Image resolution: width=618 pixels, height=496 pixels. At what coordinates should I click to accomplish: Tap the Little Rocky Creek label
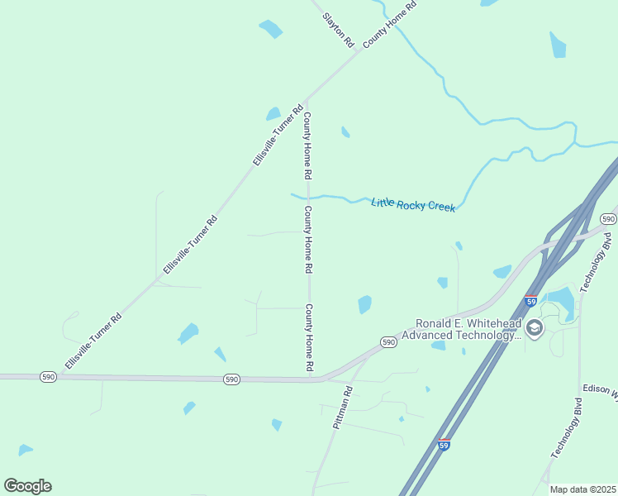coord(413,204)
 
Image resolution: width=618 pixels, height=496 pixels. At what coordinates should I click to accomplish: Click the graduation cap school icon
coord(534,328)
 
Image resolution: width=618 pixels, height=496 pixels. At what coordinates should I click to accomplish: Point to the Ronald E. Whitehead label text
coord(468,323)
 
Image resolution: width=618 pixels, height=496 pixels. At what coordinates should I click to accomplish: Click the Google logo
coord(27,486)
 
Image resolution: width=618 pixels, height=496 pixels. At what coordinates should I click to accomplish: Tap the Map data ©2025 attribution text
coord(583,489)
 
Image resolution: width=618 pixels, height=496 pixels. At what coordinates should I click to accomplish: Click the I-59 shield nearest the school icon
coord(530,301)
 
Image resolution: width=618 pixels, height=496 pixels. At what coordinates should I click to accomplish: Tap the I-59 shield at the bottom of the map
coord(444,445)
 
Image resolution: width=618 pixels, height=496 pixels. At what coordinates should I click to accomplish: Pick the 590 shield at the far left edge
coord(47,377)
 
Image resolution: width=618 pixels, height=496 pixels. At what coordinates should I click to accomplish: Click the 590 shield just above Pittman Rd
coord(388,341)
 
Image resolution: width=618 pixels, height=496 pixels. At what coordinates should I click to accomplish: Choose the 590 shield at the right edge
coord(609,219)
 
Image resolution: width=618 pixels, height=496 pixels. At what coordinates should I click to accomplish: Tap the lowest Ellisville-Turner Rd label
coord(93,341)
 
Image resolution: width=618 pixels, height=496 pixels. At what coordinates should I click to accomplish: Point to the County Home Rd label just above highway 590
coord(309,337)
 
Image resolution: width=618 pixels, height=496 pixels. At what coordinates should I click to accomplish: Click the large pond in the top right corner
coord(559,44)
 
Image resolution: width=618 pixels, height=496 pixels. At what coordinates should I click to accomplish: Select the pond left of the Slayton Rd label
coord(270,29)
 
